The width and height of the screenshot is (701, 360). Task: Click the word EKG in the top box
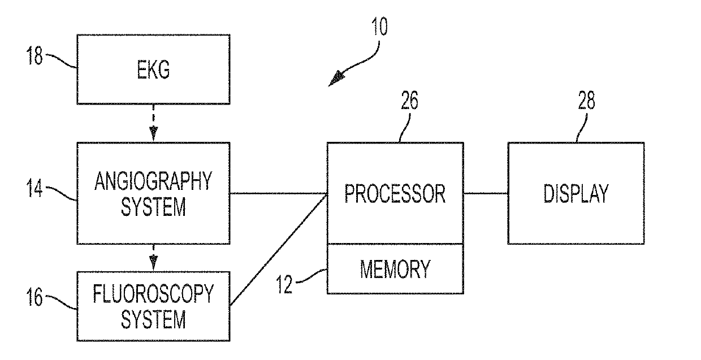[x=153, y=70]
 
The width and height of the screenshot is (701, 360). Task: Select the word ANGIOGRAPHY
[x=153, y=181]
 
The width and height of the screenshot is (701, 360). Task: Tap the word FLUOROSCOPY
[x=153, y=293]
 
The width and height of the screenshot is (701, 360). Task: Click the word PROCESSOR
[x=395, y=194]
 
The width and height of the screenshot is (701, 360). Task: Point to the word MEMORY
[x=395, y=269]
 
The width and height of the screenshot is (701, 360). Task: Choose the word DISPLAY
[x=576, y=194]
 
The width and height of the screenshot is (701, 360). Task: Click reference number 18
[x=34, y=55]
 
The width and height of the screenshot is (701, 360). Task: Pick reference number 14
[x=34, y=188]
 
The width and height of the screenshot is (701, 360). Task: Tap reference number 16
[x=34, y=297]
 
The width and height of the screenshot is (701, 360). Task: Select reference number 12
[x=284, y=284]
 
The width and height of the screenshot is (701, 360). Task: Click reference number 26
[x=409, y=100]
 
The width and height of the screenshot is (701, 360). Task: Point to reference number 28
[x=586, y=100]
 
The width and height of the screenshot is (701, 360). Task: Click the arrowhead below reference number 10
[x=336, y=79]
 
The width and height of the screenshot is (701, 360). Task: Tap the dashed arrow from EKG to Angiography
[x=153, y=123]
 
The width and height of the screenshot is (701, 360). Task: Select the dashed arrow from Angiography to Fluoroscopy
[x=153, y=257]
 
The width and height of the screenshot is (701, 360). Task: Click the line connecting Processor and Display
[x=486, y=193]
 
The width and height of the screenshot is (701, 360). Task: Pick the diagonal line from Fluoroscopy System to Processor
[x=279, y=249]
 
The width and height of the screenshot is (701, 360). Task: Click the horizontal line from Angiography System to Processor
[x=279, y=194]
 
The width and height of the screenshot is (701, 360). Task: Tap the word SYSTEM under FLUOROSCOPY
[x=153, y=319]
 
